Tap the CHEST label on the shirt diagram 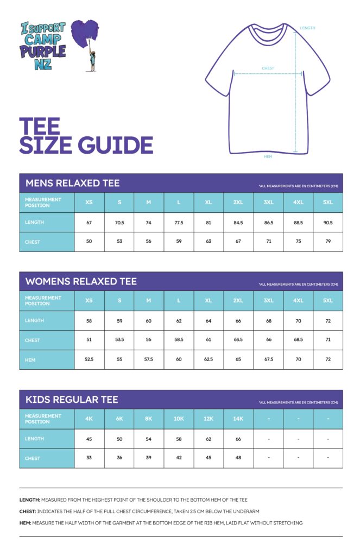[268, 68]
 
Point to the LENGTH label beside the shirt [307, 28]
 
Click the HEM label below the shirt [268, 156]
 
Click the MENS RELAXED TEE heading [72, 183]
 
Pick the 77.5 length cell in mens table [179, 222]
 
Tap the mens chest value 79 [327, 242]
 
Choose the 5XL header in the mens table [327, 203]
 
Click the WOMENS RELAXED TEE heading [81, 281]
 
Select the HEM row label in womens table [31, 359]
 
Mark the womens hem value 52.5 [89, 359]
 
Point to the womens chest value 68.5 [298, 340]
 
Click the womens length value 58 [89, 320]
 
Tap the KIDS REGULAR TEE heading [72, 400]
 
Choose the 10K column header [179, 419]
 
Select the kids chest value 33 [89, 458]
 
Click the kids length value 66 [238, 438]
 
